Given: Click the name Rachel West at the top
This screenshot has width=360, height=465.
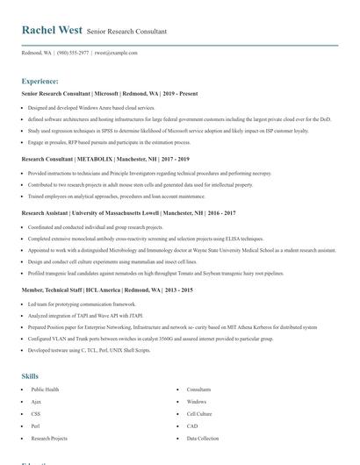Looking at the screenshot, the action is [53, 30].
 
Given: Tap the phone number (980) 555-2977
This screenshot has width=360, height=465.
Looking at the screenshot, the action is [73, 53].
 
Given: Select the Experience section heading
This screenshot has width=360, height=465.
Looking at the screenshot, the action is [47, 81].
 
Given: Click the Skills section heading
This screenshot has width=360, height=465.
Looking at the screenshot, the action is [31, 376].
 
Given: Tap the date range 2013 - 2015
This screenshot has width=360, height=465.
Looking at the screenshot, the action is [176, 290].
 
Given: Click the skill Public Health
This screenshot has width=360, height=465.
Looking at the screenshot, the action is [46, 389].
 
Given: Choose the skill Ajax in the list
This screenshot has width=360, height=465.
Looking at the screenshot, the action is [37, 401].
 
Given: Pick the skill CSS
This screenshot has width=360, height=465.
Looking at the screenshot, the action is [36, 413].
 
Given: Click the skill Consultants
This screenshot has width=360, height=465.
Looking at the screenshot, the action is [198, 389].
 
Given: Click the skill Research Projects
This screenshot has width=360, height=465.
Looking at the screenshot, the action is [49, 438].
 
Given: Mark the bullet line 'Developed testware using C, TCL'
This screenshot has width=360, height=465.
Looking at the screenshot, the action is [90, 349].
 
